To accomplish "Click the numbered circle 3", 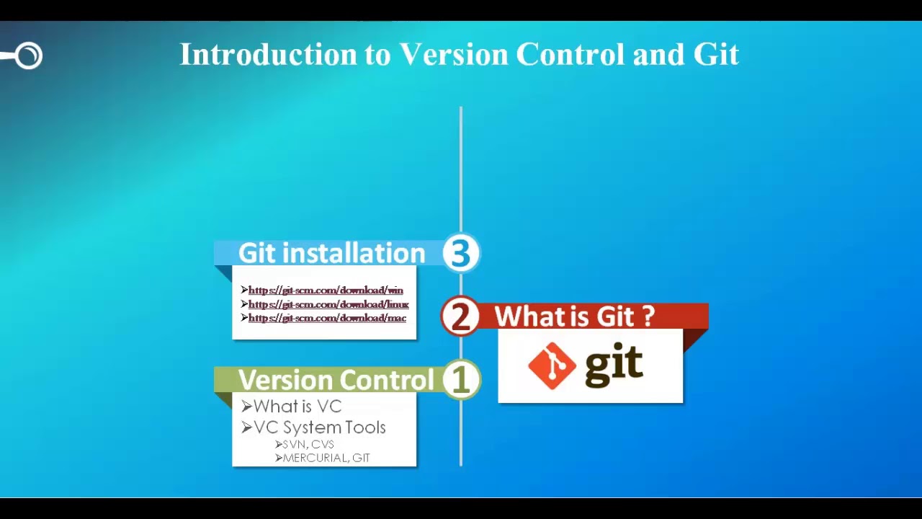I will (460, 253).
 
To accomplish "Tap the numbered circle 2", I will (460, 316).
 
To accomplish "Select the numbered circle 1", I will (461, 380).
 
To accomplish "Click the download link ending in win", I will (326, 290).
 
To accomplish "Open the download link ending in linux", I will (328, 304).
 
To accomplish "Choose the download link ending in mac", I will (327, 318).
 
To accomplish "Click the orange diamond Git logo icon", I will (552, 365).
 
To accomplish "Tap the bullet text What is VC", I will (297, 407).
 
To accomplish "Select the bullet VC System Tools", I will (319, 427).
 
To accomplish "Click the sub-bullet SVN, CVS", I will (308, 445).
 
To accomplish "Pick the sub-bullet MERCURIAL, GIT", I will (326, 458).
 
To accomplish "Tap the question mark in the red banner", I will (648, 316).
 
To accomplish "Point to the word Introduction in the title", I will (268, 55).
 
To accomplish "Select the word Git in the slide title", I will (716, 55).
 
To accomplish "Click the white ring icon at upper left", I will (29, 56).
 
